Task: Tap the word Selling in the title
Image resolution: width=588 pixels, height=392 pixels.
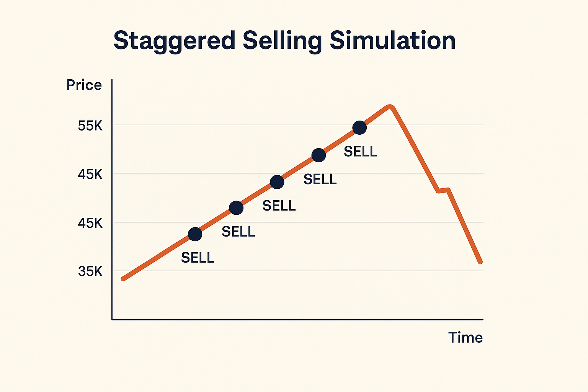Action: [282, 41]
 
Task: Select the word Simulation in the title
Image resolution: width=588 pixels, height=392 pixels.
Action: [392, 40]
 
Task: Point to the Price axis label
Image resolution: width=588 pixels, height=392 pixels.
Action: [84, 85]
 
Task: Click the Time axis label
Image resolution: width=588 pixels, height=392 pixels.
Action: [465, 338]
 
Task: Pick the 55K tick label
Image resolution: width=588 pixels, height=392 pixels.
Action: [90, 126]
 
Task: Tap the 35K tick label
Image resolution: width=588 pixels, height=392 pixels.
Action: [90, 271]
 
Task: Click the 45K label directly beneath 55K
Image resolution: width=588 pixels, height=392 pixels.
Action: [90, 175]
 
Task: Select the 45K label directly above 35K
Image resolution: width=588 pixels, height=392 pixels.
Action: [90, 223]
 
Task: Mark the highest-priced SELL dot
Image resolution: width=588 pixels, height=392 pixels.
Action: [359, 128]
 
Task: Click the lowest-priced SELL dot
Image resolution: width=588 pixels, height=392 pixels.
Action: [195, 234]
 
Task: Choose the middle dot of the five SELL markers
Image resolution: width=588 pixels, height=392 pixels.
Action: [277, 182]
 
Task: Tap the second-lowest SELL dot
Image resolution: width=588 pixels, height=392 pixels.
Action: [236, 208]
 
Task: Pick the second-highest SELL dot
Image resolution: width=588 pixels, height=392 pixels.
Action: [318, 155]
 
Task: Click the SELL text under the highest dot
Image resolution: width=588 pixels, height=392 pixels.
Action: [360, 152]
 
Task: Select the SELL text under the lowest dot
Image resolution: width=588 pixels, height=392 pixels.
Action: [198, 258]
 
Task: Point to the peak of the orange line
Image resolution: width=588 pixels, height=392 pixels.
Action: [390, 107]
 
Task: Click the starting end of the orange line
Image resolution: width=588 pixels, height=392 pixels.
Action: [123, 279]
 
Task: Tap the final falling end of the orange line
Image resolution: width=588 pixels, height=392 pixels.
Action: [480, 262]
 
